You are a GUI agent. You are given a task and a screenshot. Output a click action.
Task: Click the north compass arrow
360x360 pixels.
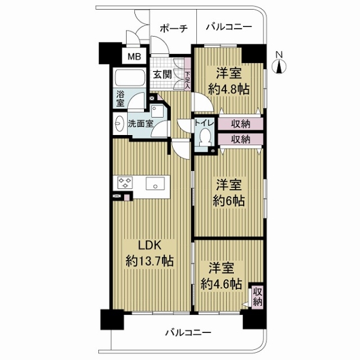[279, 64]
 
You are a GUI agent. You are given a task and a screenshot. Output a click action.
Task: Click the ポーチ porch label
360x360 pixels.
[175, 28]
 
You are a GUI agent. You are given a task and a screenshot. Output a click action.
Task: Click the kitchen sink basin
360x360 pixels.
[155, 185]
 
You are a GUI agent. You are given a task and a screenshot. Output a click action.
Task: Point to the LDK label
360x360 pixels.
[149, 245]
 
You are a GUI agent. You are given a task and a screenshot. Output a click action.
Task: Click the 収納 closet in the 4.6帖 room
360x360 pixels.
[256, 296]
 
